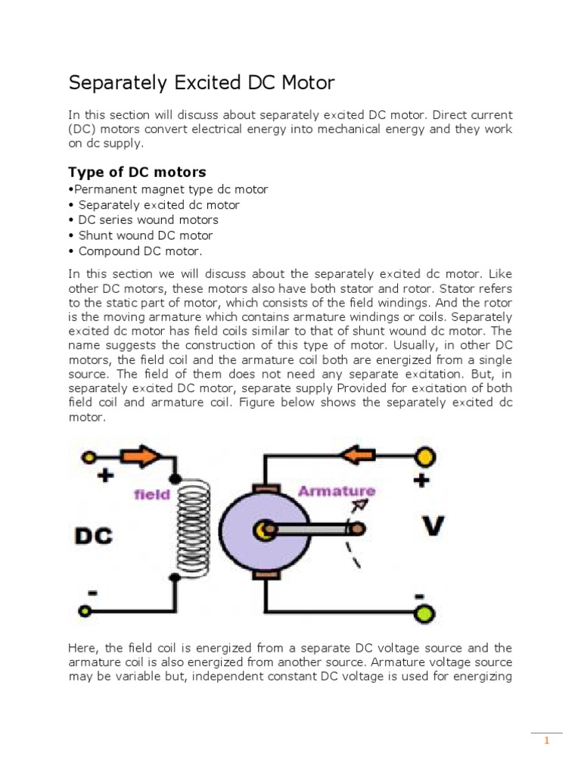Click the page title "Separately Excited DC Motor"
click(201, 82)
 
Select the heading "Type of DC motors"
click(137, 172)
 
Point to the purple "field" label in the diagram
click(151, 495)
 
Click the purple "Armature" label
click(337, 491)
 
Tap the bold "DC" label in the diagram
click(93, 537)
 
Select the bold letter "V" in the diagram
click(432, 525)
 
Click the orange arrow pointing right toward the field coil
click(141, 456)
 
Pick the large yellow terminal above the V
click(425, 457)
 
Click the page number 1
click(545, 741)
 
